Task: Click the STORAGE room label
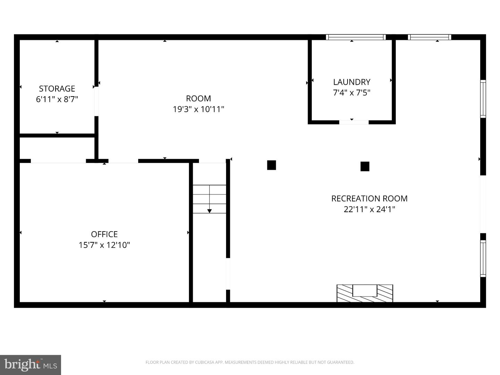click(x=57, y=89)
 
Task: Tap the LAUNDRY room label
click(x=352, y=82)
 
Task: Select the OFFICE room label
click(x=104, y=234)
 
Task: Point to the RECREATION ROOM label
click(x=369, y=199)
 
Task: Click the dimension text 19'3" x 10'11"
click(x=198, y=109)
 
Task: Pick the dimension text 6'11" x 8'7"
click(x=57, y=99)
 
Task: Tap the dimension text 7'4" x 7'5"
click(x=352, y=93)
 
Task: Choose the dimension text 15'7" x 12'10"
click(x=104, y=245)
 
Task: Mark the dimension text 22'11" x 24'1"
click(x=369, y=209)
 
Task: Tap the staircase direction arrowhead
click(x=209, y=211)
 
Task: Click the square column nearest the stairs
click(x=272, y=165)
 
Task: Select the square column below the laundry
click(x=365, y=166)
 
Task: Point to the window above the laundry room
click(x=356, y=37)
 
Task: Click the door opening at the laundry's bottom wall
click(x=354, y=122)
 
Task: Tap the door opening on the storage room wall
click(x=97, y=101)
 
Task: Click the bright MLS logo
click(x=31, y=365)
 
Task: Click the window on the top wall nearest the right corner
click(x=430, y=37)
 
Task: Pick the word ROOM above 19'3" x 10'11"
click(x=198, y=99)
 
